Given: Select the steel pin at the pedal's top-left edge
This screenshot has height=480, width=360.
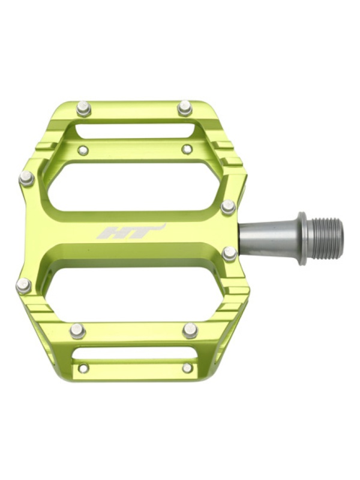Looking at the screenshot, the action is point(84,109).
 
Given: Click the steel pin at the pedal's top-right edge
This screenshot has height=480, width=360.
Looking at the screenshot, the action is point(185,108).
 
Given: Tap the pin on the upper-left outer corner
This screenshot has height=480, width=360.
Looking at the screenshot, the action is point(26,178).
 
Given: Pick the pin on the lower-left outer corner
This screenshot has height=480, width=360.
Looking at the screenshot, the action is point(23,286).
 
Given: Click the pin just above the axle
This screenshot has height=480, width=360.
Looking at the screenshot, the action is point(229,206).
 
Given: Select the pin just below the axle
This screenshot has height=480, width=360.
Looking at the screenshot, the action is point(230,254).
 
